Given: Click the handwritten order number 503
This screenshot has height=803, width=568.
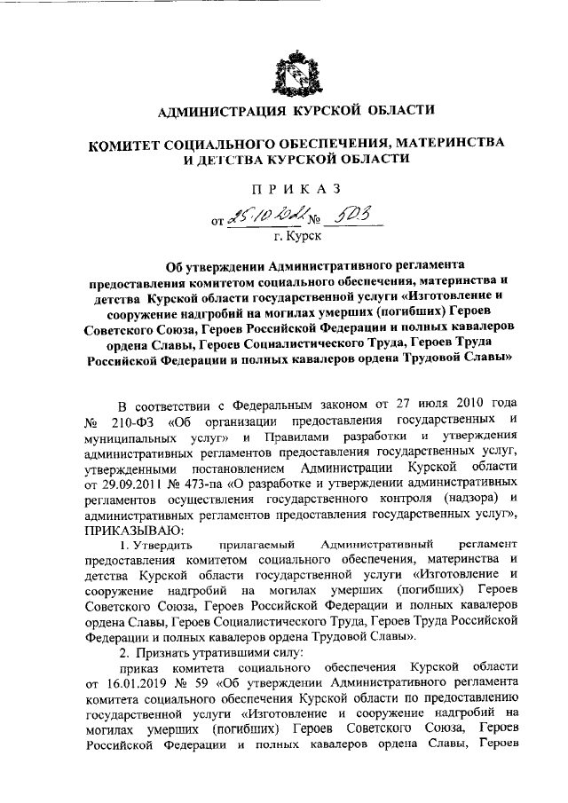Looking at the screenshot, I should tap(342, 213).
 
